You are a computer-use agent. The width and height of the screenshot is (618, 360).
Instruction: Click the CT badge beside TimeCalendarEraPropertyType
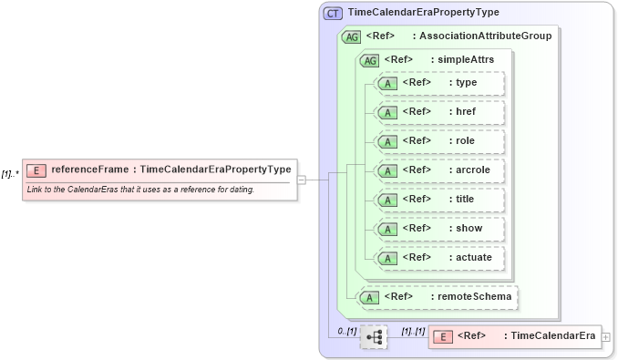(333, 14)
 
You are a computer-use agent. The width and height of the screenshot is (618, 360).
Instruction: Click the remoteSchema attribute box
(438, 296)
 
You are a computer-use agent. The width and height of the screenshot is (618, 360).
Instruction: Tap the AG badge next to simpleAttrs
(370, 60)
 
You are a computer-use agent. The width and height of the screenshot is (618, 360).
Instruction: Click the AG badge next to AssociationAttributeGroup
(351, 37)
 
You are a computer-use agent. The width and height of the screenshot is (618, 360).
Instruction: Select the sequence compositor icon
(374, 337)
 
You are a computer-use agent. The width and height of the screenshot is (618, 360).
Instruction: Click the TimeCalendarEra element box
(515, 336)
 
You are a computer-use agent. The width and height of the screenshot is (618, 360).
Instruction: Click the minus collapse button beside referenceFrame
(301, 180)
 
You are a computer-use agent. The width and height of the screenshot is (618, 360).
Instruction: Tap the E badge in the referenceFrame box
(36, 170)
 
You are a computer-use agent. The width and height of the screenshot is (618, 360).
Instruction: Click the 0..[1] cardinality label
(345, 330)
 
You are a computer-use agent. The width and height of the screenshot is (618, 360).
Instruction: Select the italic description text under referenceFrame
(140, 190)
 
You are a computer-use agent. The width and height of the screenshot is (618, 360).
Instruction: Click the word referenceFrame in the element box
(90, 169)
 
